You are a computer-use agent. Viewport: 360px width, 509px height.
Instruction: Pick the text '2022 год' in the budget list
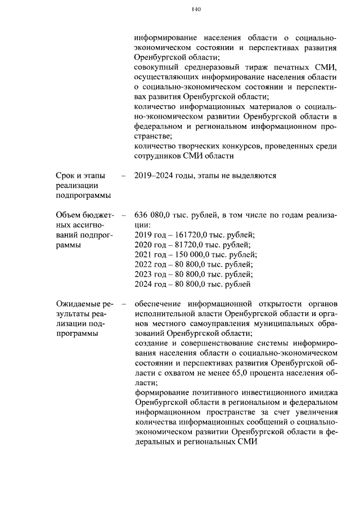click(150, 264)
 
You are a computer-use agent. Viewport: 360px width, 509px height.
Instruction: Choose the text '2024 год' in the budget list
click(150, 285)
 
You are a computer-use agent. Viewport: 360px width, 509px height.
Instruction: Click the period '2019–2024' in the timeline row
click(153, 175)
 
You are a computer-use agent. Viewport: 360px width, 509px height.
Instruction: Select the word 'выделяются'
click(256, 175)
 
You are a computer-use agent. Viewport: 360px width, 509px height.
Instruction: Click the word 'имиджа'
click(323, 393)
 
